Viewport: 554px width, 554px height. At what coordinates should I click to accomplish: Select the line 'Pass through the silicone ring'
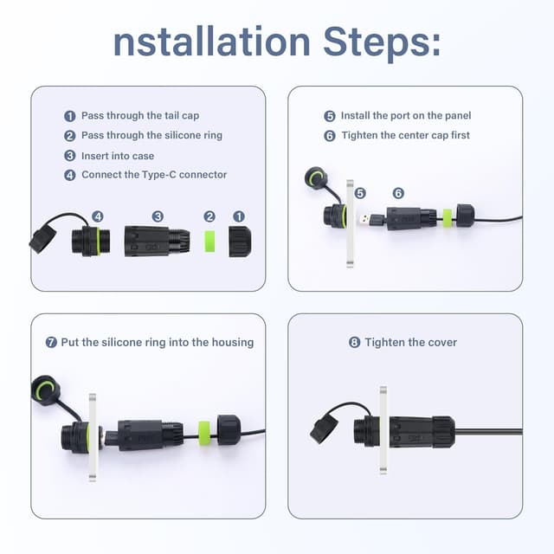click(x=151, y=135)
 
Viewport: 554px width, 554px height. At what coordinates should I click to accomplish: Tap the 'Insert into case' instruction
click(x=118, y=155)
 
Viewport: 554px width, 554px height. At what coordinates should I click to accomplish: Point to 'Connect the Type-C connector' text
click(x=154, y=175)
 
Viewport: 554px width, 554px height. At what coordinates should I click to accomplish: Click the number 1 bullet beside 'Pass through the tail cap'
click(x=70, y=116)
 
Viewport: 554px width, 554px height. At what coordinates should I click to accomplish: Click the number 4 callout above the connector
click(x=98, y=216)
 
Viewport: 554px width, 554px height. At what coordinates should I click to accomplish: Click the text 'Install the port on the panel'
click(x=406, y=116)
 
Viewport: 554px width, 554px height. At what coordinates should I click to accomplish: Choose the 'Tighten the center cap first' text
click(x=406, y=135)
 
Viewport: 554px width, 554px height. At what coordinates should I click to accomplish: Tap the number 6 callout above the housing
click(x=398, y=193)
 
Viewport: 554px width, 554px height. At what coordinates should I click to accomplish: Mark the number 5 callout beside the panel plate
click(x=360, y=193)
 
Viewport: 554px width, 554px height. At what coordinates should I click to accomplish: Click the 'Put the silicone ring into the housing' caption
click(x=157, y=342)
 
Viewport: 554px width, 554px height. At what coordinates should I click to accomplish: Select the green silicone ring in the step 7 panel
click(x=204, y=429)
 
